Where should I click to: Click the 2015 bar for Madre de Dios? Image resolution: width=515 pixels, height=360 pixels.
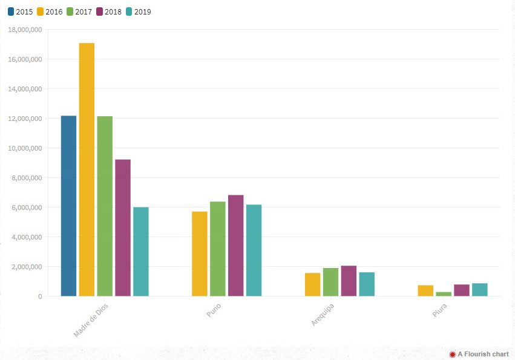[68, 206]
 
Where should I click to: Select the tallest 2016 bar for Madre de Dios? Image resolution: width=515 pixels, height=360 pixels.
[87, 169]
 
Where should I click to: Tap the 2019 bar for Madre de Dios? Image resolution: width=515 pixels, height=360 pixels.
[141, 252]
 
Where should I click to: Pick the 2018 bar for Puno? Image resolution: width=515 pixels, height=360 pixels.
[235, 246]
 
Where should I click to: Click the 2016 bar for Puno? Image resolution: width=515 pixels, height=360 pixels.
[199, 254]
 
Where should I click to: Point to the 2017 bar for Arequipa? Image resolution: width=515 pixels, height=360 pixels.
[330, 282]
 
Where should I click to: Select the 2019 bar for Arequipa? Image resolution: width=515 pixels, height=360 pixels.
[367, 284]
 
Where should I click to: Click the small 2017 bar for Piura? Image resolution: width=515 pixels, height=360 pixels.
[444, 294]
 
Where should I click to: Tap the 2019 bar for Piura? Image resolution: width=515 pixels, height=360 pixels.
[480, 290]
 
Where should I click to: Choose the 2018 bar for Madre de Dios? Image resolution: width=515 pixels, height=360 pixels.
[123, 227]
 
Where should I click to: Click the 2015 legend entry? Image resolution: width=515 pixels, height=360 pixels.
[20, 11]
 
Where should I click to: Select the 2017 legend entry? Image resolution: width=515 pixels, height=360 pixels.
[79, 11]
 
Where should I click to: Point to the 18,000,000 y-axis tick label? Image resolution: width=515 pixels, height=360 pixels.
[25, 30]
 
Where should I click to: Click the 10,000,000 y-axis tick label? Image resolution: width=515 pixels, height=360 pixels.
[25, 148]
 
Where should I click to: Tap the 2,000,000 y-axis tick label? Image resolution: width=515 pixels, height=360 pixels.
[27, 267]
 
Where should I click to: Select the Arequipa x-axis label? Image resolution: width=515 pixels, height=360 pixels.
[323, 315]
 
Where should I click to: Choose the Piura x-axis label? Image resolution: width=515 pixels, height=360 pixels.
[440, 310]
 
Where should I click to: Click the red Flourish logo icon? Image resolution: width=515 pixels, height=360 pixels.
[452, 354]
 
